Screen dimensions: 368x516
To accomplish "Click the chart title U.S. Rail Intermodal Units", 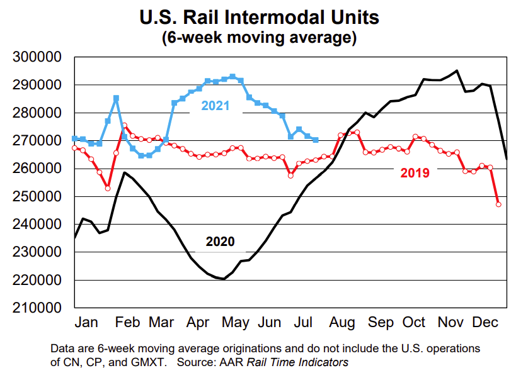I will point(259,16).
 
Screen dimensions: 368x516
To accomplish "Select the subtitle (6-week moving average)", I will point(259,38).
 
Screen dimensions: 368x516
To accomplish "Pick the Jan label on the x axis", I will point(87,323).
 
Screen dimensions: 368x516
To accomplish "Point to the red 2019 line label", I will point(415,172).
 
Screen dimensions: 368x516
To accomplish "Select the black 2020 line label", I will point(220,242).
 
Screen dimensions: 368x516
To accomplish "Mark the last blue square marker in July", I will point(316,140).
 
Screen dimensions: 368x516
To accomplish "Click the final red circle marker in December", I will point(498,204).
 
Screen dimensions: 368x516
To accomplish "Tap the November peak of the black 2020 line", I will point(457,71).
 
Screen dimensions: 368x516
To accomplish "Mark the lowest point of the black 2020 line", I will point(224,279).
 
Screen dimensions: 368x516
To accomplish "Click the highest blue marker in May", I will point(232,77).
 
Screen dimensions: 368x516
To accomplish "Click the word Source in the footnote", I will point(195,362).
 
